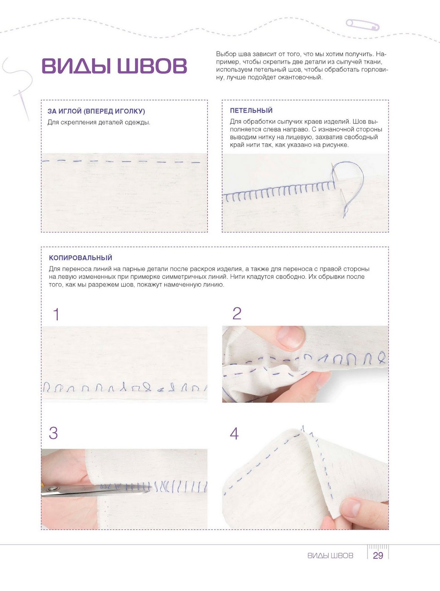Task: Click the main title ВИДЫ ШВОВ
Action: (x=114, y=65)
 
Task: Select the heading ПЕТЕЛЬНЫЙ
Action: (x=251, y=110)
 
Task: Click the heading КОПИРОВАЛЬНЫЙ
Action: (x=81, y=258)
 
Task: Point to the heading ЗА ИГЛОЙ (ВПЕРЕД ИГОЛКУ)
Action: (x=96, y=111)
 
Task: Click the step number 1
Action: (x=56, y=314)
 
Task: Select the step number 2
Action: (x=237, y=313)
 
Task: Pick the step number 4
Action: (x=234, y=434)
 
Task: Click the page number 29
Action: (x=378, y=556)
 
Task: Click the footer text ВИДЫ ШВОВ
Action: (x=330, y=556)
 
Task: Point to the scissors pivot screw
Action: (x=53, y=489)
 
